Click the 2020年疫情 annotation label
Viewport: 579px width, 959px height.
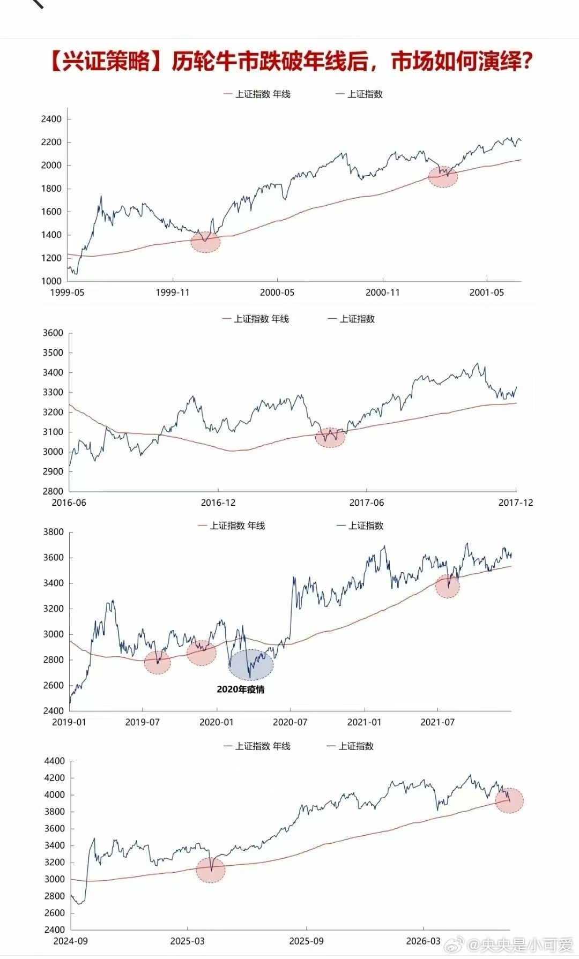pyautogui.click(x=240, y=690)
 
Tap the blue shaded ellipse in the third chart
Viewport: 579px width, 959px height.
pyautogui.click(x=251, y=664)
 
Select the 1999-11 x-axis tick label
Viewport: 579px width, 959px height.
pyautogui.click(x=173, y=293)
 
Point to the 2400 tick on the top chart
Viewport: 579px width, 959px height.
pyautogui.click(x=51, y=119)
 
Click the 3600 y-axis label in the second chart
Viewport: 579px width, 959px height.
pyautogui.click(x=53, y=333)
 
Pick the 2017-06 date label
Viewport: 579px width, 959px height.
pyautogui.click(x=367, y=503)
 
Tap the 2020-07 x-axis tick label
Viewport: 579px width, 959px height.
pyautogui.click(x=290, y=722)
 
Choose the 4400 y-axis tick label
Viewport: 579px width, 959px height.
pyautogui.click(x=54, y=761)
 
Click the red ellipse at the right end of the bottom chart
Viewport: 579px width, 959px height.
pyautogui.click(x=509, y=800)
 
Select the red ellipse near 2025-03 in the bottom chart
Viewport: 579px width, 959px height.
pyautogui.click(x=211, y=870)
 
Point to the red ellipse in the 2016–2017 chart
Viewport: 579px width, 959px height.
pyautogui.click(x=330, y=437)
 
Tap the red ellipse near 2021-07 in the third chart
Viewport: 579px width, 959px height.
pyautogui.click(x=447, y=586)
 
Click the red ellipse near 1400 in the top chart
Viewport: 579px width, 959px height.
pyautogui.click(x=205, y=242)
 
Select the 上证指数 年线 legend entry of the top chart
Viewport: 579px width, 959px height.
pyautogui.click(x=257, y=94)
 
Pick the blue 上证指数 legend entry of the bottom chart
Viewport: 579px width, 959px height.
pyautogui.click(x=350, y=746)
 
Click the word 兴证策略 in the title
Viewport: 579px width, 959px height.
pyautogui.click(x=106, y=62)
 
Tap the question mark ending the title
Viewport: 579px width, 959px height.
pyautogui.click(x=526, y=62)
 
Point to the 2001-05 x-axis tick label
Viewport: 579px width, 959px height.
pyautogui.click(x=487, y=293)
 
